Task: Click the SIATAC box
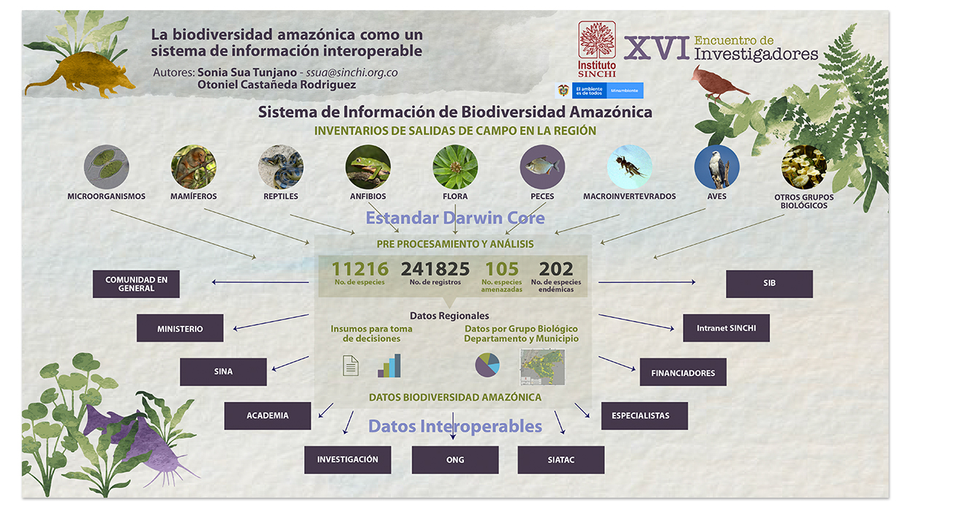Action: coord(561,460)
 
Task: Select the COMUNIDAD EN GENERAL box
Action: coord(136,284)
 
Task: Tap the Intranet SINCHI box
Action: coord(726,327)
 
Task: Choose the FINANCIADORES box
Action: coord(683,372)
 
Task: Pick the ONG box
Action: coord(455,460)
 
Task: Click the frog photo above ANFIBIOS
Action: coord(368,167)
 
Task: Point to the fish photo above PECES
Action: coord(542,167)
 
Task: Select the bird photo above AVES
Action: coord(716,167)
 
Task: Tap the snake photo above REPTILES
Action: coord(281,167)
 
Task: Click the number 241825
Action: coord(435,269)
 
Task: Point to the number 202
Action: coord(556,269)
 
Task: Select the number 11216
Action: coord(360,269)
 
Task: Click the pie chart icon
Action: coord(487,365)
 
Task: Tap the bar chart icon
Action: coord(390,366)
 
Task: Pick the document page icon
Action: coord(351,366)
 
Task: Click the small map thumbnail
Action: coord(542,367)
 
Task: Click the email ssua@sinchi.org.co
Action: coord(351,73)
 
